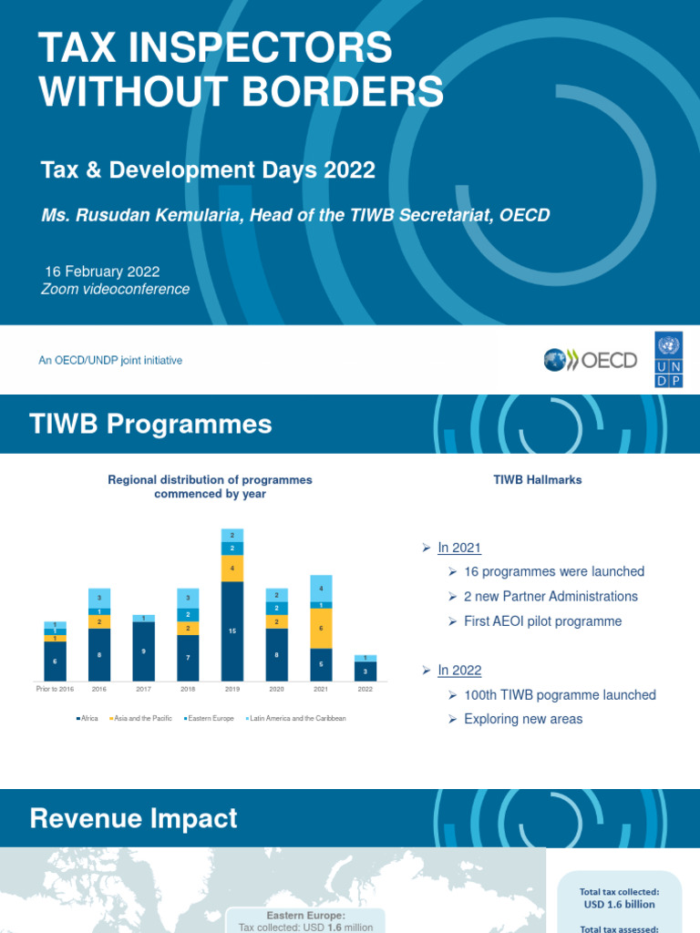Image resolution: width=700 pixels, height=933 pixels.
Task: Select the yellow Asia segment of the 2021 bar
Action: tap(321, 629)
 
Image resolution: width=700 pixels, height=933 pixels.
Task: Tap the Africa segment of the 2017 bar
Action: tap(143, 651)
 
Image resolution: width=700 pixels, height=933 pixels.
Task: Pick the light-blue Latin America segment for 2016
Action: tap(99, 598)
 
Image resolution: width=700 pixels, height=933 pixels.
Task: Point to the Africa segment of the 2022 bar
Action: tap(365, 672)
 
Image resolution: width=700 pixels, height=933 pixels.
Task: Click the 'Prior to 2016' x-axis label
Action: tap(55, 690)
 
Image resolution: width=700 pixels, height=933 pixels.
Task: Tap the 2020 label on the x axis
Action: tap(277, 690)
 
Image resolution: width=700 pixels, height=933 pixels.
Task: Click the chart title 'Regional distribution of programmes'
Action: tap(210, 480)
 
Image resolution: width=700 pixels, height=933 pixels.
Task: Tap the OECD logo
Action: tap(591, 360)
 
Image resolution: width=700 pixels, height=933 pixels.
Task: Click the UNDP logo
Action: tap(667, 360)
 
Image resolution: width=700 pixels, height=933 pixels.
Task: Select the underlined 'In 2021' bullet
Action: tap(459, 548)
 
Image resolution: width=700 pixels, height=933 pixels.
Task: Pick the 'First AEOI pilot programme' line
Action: tap(542, 621)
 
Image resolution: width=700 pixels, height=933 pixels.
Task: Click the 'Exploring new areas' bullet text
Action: tap(523, 719)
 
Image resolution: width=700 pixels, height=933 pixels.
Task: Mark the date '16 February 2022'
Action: tap(103, 272)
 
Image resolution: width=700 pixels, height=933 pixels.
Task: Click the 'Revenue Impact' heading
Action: tap(133, 818)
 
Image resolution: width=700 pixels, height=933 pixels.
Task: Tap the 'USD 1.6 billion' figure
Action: tap(619, 905)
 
